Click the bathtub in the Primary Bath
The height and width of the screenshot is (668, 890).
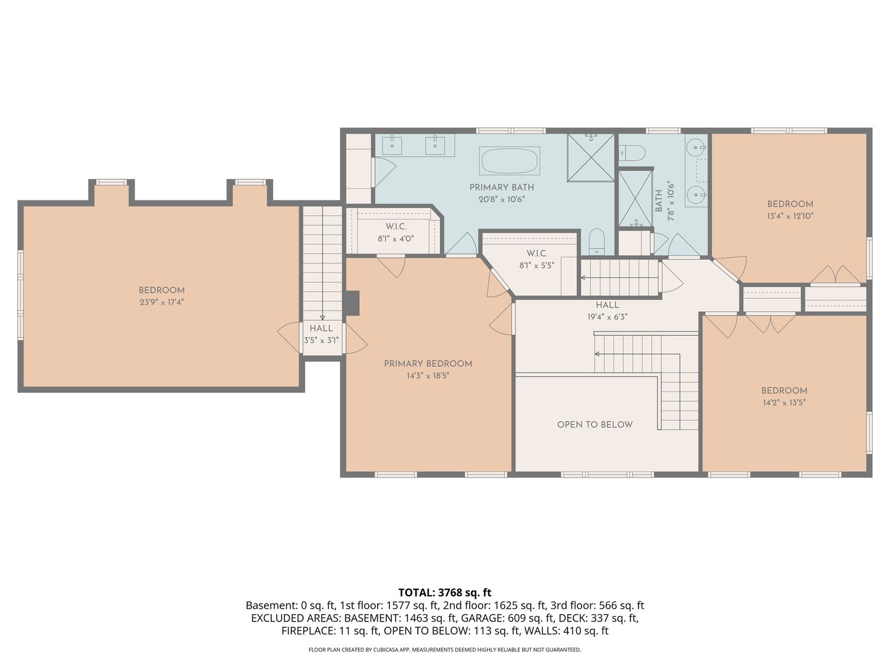click(x=510, y=161)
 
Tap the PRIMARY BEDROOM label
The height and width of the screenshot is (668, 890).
click(x=428, y=364)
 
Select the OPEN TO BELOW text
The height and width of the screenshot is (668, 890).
click(x=595, y=424)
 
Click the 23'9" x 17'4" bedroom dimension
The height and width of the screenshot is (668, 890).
click(x=161, y=302)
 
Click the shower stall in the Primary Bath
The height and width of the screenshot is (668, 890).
click(x=591, y=157)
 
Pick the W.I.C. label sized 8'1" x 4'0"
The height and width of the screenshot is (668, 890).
click(x=396, y=227)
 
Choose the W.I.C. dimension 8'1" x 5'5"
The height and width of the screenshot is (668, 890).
click(x=536, y=265)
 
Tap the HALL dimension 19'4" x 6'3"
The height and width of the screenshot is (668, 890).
click(x=607, y=317)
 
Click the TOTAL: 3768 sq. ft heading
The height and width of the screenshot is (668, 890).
click(x=444, y=593)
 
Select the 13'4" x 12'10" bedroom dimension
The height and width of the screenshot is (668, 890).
click(x=790, y=216)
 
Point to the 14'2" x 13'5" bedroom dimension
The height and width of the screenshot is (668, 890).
click(x=784, y=403)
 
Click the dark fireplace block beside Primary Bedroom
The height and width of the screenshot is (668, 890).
click(x=352, y=303)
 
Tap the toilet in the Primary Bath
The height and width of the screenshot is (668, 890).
click(x=596, y=241)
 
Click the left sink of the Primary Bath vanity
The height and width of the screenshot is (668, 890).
click(x=392, y=146)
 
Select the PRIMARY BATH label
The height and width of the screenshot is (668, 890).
click(x=501, y=187)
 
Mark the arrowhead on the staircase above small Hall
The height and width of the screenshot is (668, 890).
click(x=322, y=317)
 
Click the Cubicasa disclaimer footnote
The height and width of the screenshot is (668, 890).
click(x=444, y=649)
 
